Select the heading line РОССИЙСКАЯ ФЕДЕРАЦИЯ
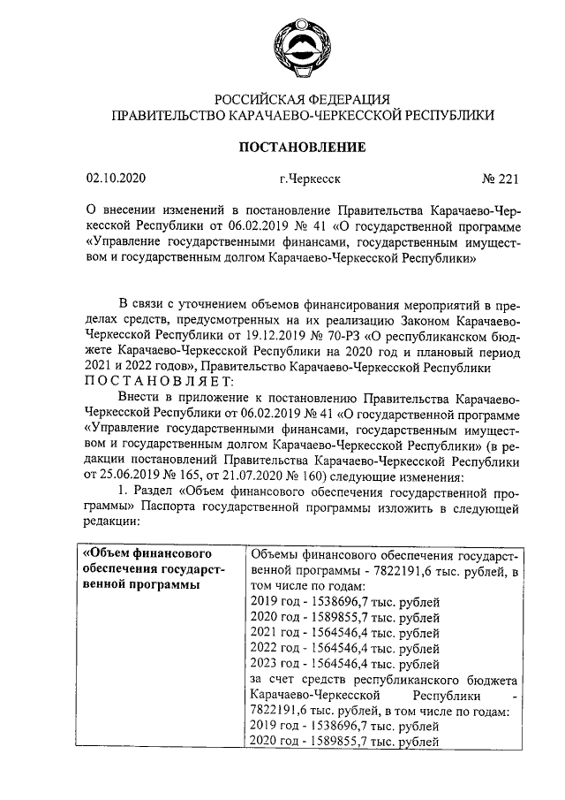pyautogui.click(x=303, y=99)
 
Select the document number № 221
pyautogui.click(x=500, y=179)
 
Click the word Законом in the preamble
pyautogui.click(x=407, y=320)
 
